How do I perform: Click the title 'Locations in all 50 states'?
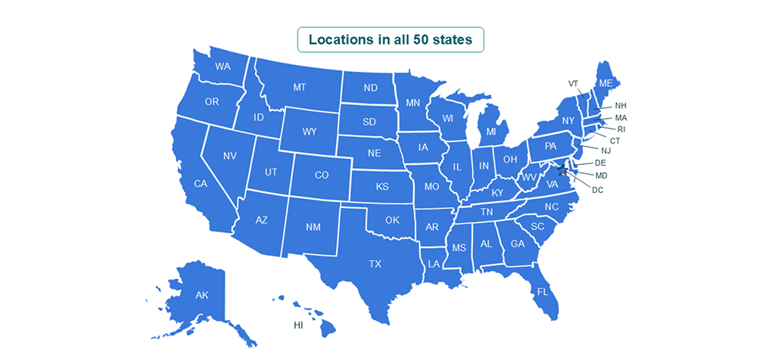390,39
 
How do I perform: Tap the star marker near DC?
562,171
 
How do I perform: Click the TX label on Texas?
375,264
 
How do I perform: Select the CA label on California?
201,184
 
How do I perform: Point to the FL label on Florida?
543,291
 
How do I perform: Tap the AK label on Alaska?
202,295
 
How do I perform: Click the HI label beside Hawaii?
298,325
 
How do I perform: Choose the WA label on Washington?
222,67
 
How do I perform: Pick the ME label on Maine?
606,82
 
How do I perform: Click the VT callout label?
574,83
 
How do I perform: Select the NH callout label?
621,106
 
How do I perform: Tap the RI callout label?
621,129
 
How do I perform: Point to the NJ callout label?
605,151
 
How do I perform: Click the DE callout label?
600,163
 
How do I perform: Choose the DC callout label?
597,190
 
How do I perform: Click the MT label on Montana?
300,88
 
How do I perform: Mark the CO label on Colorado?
322,175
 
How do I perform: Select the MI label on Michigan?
491,132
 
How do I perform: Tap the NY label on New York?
568,121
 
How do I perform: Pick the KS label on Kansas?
383,186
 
